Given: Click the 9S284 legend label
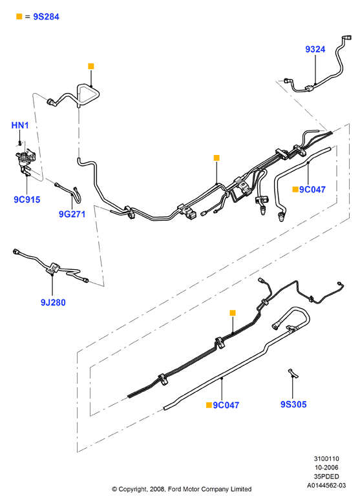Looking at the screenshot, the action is click(x=47, y=17).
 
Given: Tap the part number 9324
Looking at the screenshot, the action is click(x=315, y=49).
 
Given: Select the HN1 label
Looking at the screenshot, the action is click(x=20, y=125).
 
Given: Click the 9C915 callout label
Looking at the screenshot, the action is click(x=27, y=200).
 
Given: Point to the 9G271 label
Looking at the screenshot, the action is click(x=72, y=214).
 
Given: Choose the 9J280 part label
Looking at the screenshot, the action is click(x=53, y=302).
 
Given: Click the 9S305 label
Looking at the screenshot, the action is click(x=293, y=404).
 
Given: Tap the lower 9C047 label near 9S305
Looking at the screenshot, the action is click(x=226, y=405).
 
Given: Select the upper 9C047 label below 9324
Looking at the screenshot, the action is click(x=312, y=190).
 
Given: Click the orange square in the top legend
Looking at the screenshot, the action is click(x=19, y=16).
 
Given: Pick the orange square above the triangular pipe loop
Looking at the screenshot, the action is click(x=91, y=67).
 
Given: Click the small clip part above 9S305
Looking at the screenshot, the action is click(x=293, y=373).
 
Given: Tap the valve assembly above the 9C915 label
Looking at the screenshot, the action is click(x=25, y=159).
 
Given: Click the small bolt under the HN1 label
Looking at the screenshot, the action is click(x=20, y=142).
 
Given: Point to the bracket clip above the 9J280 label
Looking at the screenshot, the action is click(x=53, y=268).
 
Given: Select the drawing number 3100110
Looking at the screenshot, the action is click(x=326, y=458).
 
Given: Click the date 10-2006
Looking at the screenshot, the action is click(x=326, y=467).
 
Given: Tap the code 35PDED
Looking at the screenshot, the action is click(x=326, y=477).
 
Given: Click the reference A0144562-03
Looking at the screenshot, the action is click(x=326, y=486).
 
